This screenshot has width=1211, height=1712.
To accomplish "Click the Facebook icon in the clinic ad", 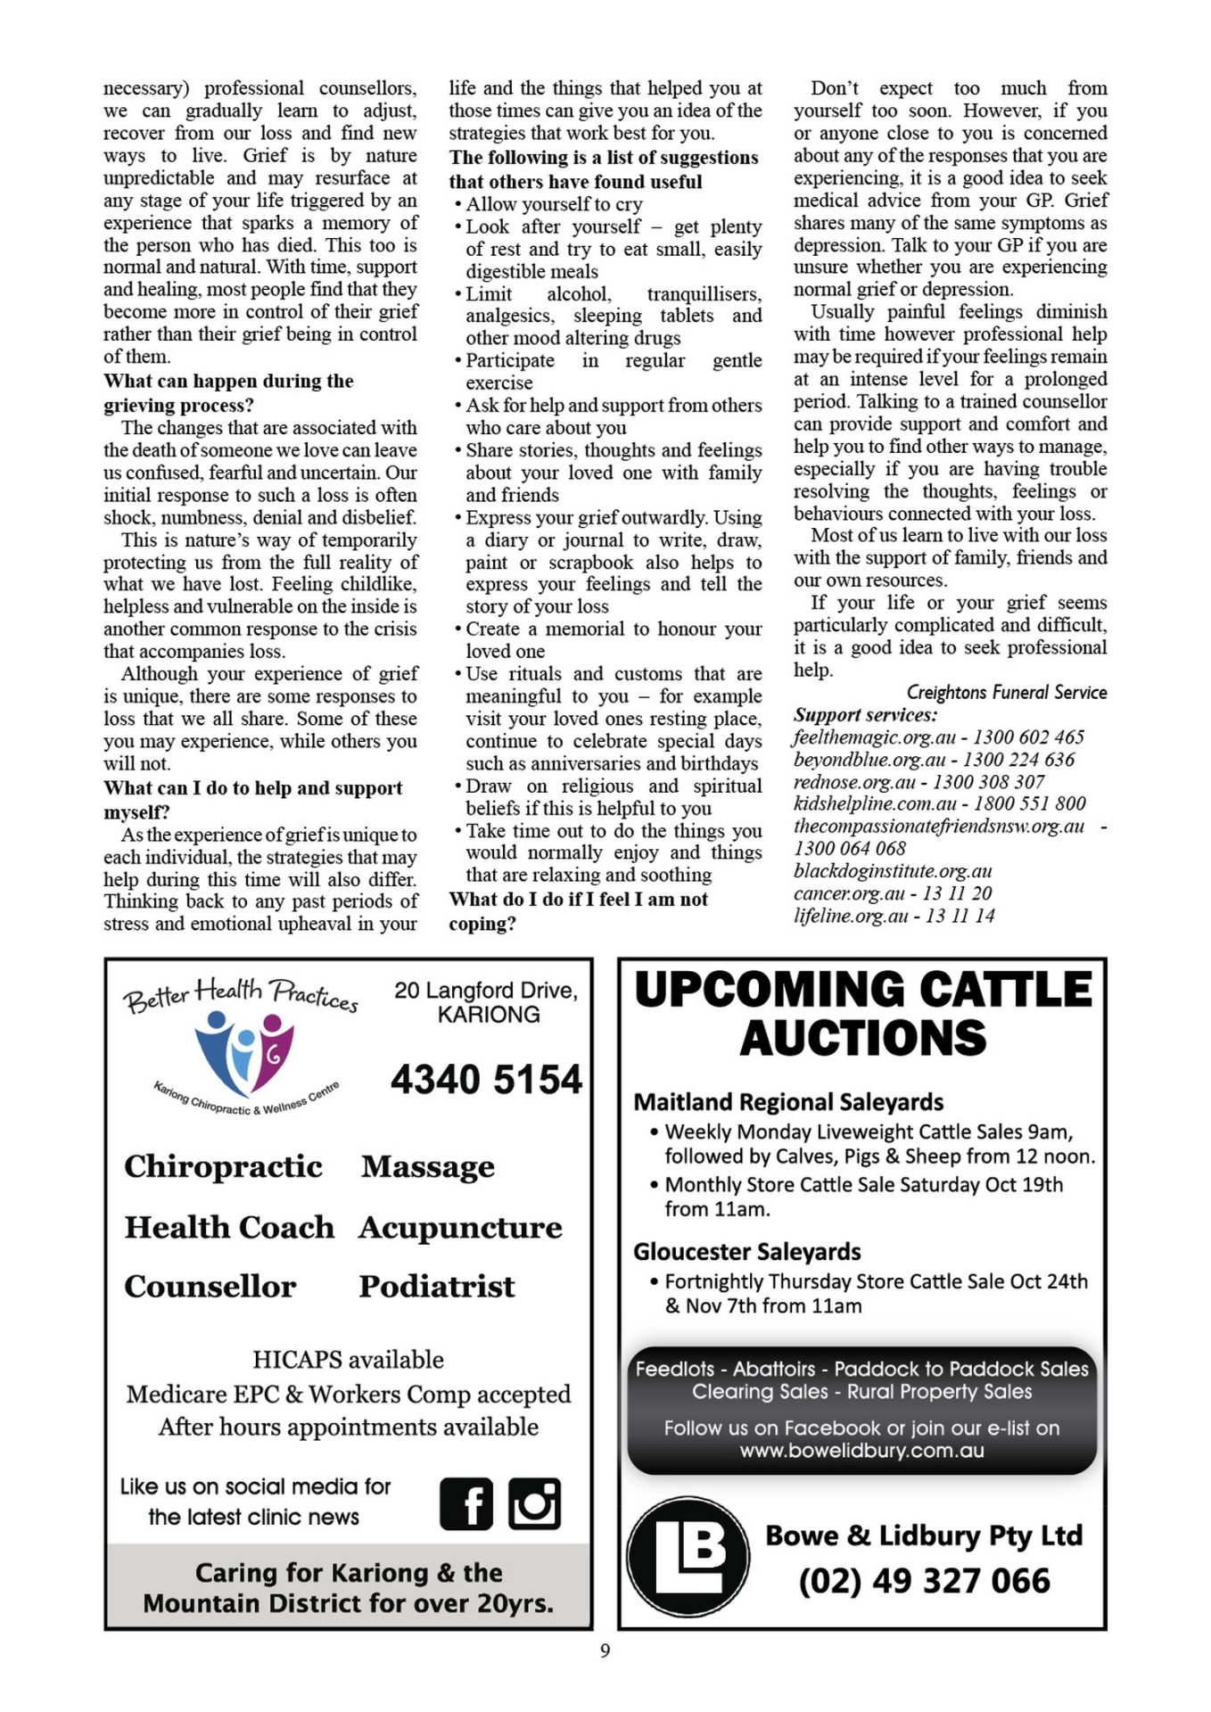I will coord(465,1503).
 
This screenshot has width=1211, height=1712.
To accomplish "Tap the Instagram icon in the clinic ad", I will coord(534,1503).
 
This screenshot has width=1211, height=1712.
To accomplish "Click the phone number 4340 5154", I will coord(486,1079).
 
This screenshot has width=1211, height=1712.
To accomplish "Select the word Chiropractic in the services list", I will coord(223,1166).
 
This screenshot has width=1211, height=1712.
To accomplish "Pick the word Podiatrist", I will coord(437,1286).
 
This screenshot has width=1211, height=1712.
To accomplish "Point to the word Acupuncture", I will coord(460,1227).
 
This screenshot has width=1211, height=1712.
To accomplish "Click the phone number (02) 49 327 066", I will coord(924,1581).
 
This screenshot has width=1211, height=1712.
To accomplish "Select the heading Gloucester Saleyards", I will coord(746,1252).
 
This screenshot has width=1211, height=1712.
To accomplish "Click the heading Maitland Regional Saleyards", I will coord(788,1102).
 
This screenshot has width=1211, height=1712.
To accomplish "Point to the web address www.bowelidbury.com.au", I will coord(861,1451).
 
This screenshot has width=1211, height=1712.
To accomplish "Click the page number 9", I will coord(605,1650).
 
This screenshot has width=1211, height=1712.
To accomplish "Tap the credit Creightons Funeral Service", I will coord(1006,693).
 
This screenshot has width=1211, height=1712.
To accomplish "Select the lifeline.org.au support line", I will coord(894,916).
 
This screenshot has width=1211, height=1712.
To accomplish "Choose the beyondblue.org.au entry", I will coord(934,760).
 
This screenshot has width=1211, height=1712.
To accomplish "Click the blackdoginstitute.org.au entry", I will coord(893,871).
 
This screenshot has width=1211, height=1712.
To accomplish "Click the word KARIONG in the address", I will coord(489,1015).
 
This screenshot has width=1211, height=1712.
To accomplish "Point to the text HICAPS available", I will coord(348,1360).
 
